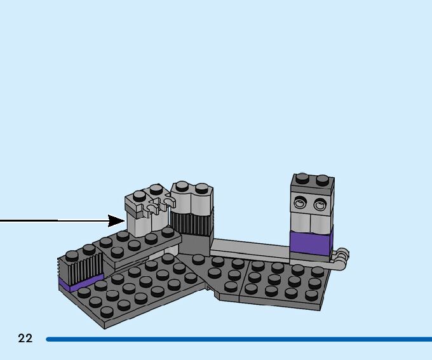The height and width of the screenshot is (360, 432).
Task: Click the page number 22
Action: (25, 338)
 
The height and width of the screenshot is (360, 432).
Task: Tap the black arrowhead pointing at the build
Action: (117, 221)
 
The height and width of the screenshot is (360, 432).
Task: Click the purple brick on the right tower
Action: (311, 243)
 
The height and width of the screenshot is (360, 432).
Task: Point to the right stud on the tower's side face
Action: (319, 204)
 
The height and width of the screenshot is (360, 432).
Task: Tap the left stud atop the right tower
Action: (302, 178)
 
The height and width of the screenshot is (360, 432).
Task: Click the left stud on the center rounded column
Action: (182, 186)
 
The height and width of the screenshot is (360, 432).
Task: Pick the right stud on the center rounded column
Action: (201, 189)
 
